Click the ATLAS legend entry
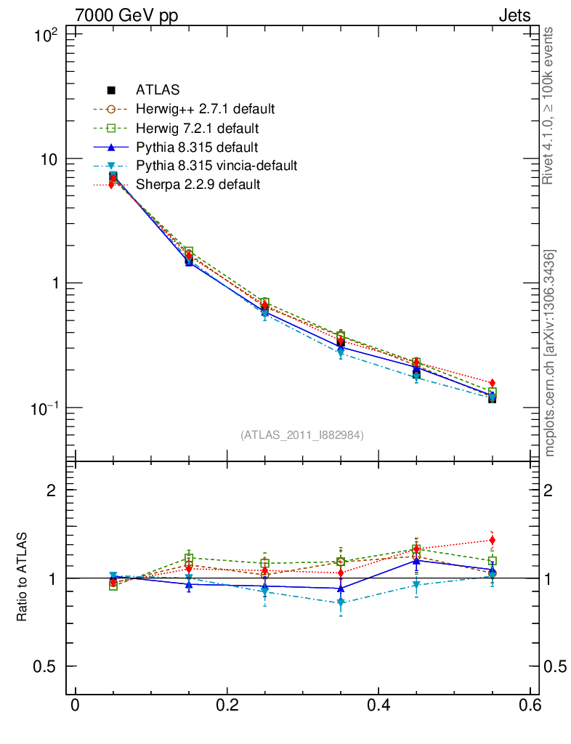coord(158,90)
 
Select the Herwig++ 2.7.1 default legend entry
coord(205,109)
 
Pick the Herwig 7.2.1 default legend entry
coord(197,128)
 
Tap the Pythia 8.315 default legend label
coord(197,147)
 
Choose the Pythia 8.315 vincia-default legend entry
coord(216,166)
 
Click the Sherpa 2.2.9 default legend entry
coord(198,185)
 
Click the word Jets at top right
coord(514,15)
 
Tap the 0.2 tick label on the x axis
coord(227,705)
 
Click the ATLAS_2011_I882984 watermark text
coord(302,434)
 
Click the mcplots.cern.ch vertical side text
coord(549,353)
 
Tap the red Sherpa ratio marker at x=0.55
coord(492,540)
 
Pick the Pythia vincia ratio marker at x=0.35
coord(341,603)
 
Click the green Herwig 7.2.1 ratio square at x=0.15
coord(189,559)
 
